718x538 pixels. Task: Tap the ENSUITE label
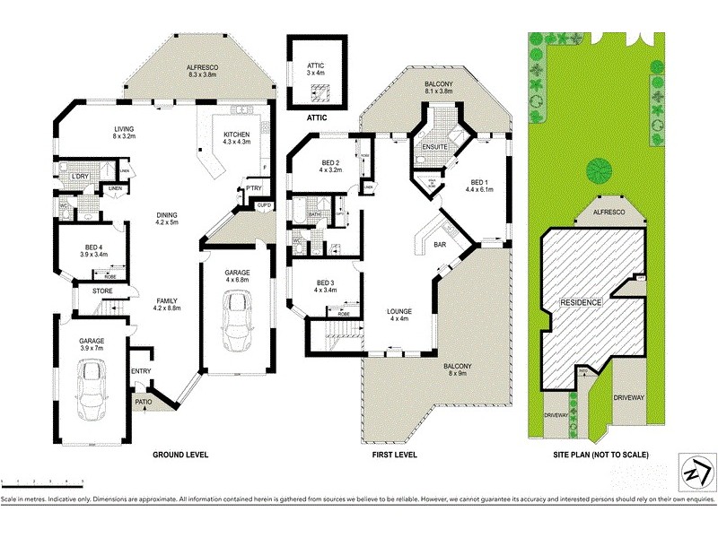(x=434, y=146)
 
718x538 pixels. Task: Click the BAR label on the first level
(x=441, y=243)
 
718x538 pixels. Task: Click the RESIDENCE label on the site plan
(x=582, y=302)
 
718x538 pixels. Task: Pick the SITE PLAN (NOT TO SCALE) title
(x=600, y=456)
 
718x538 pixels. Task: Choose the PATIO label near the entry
(x=144, y=403)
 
